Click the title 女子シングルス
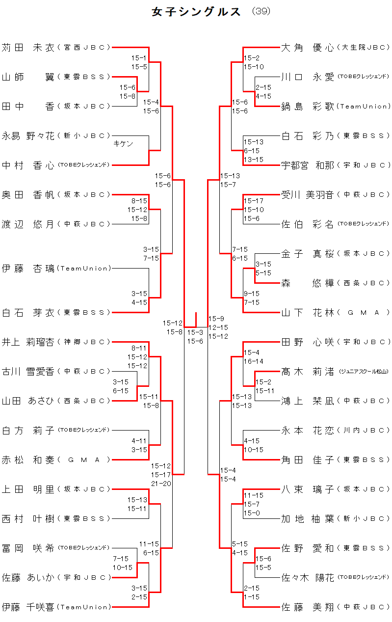pyautogui.click(x=196, y=12)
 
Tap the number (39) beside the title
pyautogui.click(x=261, y=11)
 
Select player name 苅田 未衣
pyautogui.click(x=28, y=48)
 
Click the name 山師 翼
pyautogui.click(x=28, y=77)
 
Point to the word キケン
pyautogui.click(x=123, y=144)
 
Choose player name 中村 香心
pyautogui.click(x=28, y=165)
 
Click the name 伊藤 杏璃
pyautogui.click(x=28, y=269)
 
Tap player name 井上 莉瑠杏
pyautogui.click(x=28, y=342)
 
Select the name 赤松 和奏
pyautogui.click(x=28, y=460)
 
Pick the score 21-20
pyautogui.click(x=161, y=484)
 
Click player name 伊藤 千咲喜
pyautogui.click(x=28, y=607)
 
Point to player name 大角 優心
pyautogui.click(x=308, y=48)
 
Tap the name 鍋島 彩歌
pyautogui.click(x=308, y=107)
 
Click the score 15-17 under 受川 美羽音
pyautogui.click(x=254, y=201)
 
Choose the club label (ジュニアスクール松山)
pyautogui.click(x=364, y=372)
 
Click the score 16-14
pyautogui.click(x=254, y=361)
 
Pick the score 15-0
pyautogui.click(x=252, y=513)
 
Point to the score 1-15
pyautogui.click(x=252, y=597)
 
